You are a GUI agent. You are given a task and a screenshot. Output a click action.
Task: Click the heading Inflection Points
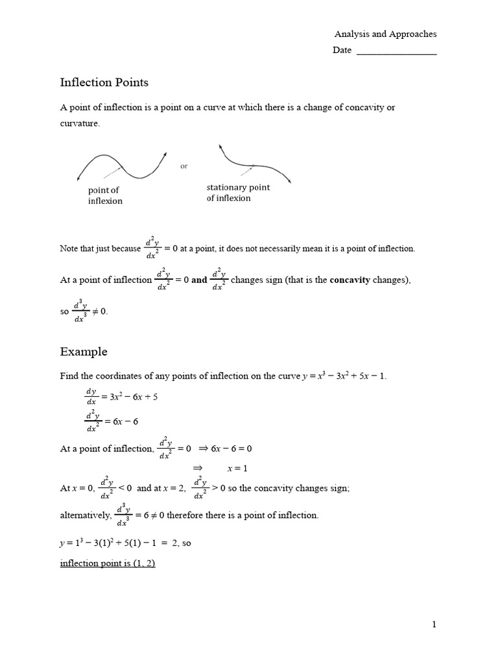[x=104, y=82]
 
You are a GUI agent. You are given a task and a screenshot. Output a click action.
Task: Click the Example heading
[x=84, y=352]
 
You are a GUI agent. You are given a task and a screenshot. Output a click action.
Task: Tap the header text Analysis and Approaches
[x=385, y=34]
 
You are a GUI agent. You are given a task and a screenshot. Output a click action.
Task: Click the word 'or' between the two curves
[x=184, y=166]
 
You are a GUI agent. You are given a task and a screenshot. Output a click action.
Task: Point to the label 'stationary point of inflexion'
[x=238, y=193]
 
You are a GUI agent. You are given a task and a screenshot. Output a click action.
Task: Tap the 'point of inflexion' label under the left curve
[x=105, y=196]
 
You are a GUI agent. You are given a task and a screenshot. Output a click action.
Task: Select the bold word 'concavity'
[x=351, y=280]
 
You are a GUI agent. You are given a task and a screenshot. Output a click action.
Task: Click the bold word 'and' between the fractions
[x=199, y=280]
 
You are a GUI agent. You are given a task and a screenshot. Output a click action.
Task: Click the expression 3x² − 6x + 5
[x=134, y=397]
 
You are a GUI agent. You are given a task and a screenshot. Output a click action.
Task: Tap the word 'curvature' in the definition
[x=80, y=123]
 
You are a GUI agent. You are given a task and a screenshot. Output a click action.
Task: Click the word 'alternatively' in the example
[x=86, y=515]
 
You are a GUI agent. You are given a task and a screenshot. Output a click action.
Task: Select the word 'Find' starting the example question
[x=69, y=376]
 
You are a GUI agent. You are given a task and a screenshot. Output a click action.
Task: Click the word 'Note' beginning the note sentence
[x=69, y=248]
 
